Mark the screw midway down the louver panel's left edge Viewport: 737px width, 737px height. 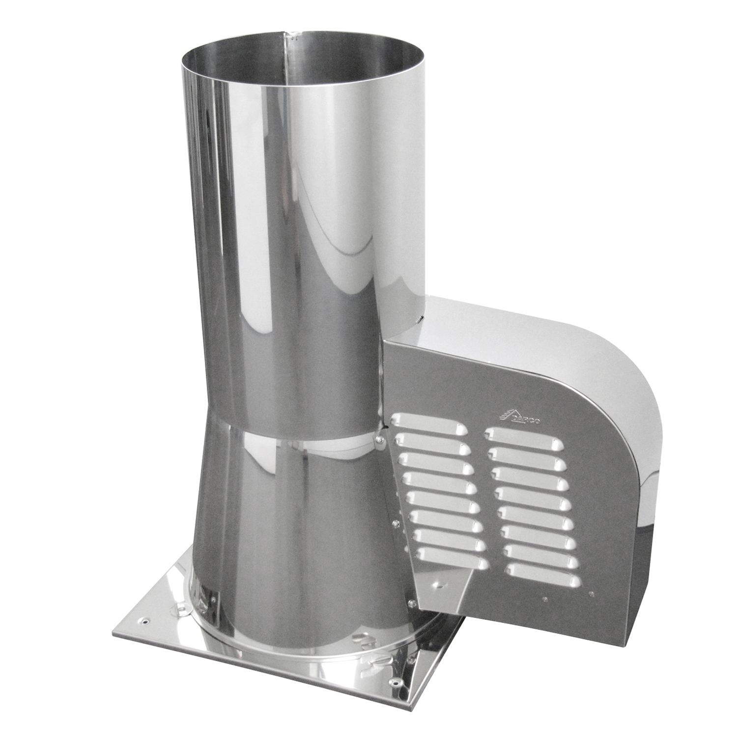[395, 524]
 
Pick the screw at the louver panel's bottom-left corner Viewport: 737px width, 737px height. [412, 600]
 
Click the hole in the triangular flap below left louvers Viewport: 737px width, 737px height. [439, 586]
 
